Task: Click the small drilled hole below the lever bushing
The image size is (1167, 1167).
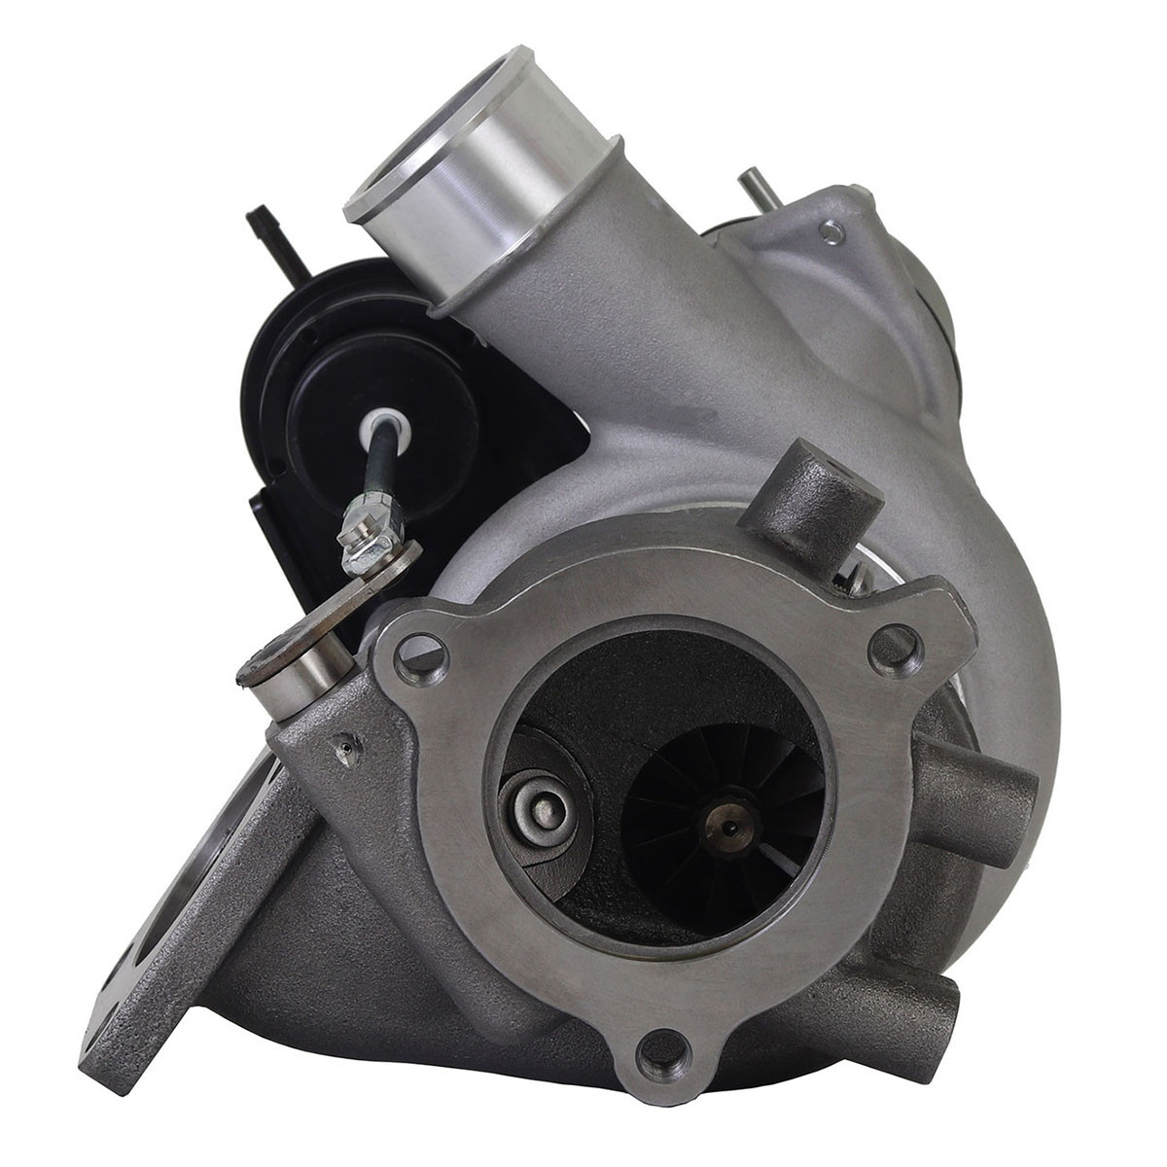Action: click(x=343, y=748)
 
